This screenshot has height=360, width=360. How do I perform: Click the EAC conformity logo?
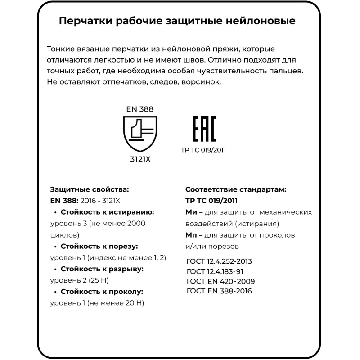(205, 129)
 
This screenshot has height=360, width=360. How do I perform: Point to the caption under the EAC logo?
(203, 150)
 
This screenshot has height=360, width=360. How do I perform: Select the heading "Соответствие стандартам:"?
(236, 189)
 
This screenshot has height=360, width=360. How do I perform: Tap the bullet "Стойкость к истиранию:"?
(107, 212)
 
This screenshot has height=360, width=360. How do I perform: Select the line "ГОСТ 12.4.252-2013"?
(219, 261)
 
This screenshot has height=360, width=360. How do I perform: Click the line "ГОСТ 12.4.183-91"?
(215, 271)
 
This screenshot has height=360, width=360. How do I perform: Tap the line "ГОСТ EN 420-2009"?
(220, 281)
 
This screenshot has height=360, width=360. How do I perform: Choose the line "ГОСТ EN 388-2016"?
(219, 291)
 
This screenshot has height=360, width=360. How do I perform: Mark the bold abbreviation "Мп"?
(191, 235)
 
